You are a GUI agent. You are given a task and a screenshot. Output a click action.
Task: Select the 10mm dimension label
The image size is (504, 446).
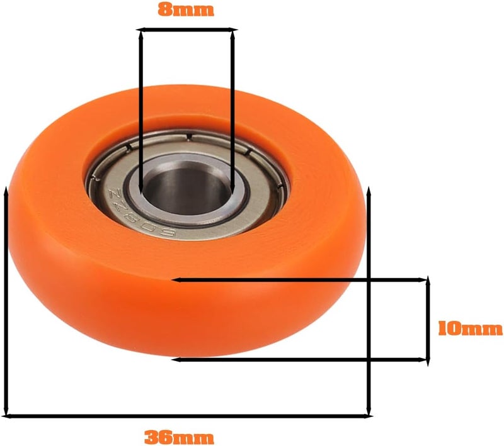tap(469, 328)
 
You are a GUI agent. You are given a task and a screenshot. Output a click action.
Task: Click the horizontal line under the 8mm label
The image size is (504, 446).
tap(187, 29)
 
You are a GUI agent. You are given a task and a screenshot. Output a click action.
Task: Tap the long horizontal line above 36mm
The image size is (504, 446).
tap(189, 415)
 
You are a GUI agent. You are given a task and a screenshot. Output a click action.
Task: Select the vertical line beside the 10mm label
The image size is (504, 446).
tap(428, 320)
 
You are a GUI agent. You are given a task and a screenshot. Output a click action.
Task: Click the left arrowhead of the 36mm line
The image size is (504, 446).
tap(9, 415)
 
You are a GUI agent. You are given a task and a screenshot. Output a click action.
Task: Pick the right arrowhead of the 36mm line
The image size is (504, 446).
tap(368, 415)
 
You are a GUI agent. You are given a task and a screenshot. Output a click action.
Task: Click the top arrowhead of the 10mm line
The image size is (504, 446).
tap(428, 281)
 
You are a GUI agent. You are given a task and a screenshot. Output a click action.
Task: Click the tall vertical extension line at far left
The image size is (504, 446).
tap(6, 302)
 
